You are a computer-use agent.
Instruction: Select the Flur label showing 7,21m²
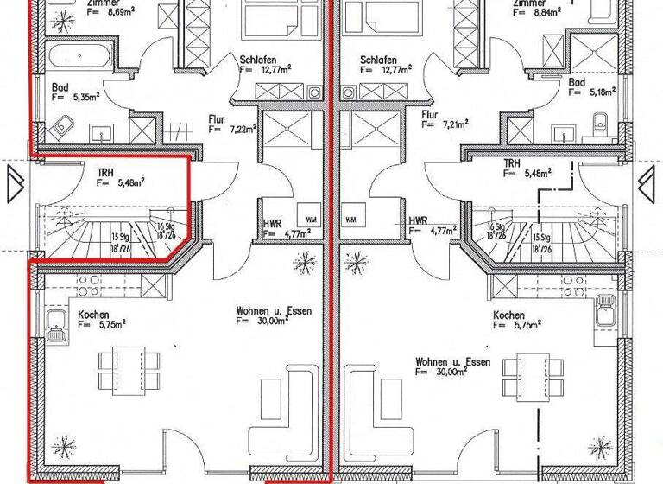click(429, 113)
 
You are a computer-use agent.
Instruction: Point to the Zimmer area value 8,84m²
click(553, 13)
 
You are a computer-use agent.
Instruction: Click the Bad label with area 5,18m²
click(577, 82)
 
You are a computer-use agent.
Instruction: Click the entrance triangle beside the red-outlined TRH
click(16, 183)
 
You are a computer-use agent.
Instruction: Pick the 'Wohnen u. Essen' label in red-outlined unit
click(273, 310)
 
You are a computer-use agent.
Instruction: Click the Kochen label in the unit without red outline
click(508, 315)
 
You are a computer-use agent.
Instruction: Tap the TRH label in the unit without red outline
click(512, 162)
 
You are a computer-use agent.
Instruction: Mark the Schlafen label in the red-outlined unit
click(260, 60)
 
